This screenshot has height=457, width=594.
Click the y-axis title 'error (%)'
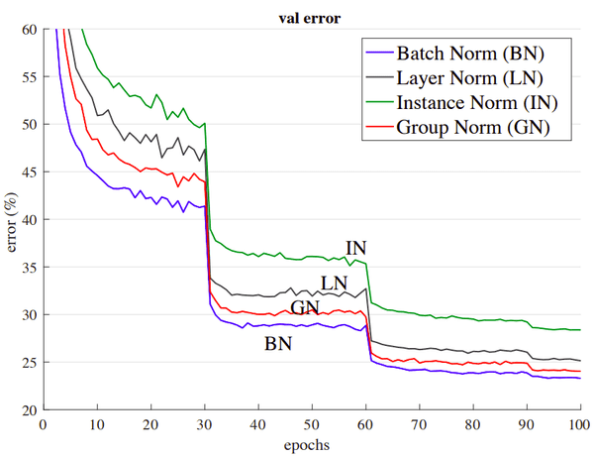[13, 219]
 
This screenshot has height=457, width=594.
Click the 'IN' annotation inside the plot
[356, 248]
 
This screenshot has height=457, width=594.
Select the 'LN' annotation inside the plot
[334, 284]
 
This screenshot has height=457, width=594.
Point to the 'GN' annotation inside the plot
[304, 307]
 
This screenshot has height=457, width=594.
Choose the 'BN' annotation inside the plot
[278, 345]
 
